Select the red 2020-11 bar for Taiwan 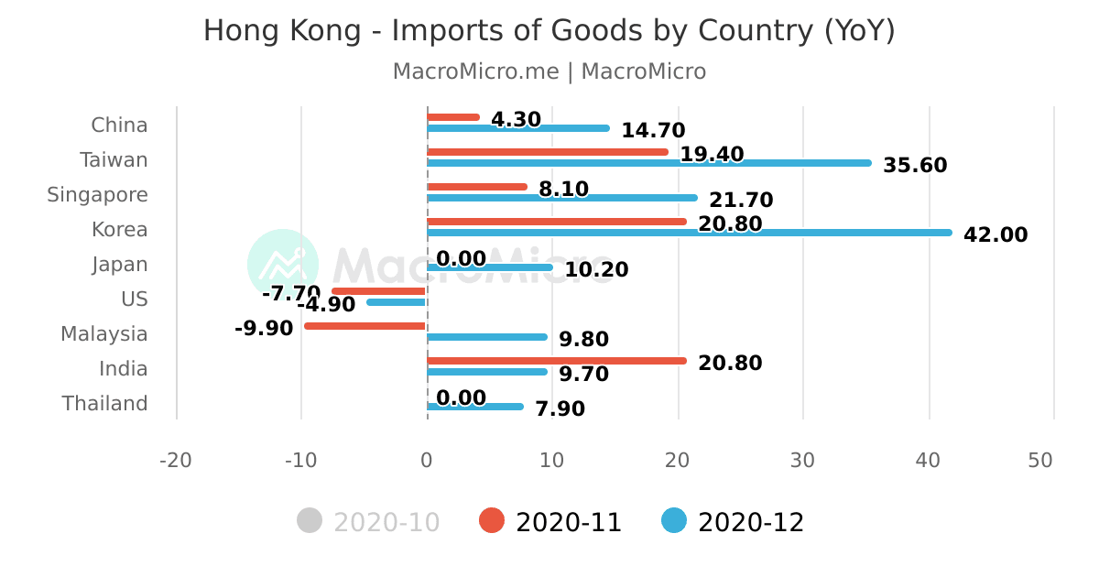(x=548, y=152)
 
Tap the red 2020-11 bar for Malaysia (x=365, y=326)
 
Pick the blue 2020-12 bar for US (x=397, y=302)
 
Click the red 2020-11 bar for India (x=556, y=361)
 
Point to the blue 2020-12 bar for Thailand (x=475, y=407)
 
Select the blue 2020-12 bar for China (x=518, y=128)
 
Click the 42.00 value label (x=996, y=235)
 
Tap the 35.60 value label (x=915, y=166)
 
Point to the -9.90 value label (x=264, y=328)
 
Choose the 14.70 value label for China (x=653, y=131)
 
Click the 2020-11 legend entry (x=550, y=522)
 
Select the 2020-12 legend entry (x=733, y=522)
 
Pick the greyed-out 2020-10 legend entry (x=369, y=522)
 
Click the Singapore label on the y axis (x=97, y=195)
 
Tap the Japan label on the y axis (x=119, y=265)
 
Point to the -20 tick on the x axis (x=176, y=461)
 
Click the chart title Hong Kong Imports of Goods (x=549, y=31)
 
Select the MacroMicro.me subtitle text (x=549, y=71)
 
